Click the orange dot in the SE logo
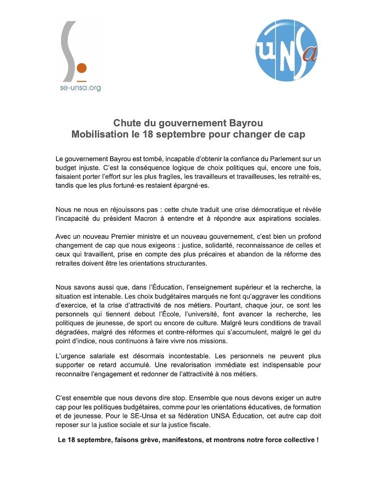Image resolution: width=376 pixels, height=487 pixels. [83, 68]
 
